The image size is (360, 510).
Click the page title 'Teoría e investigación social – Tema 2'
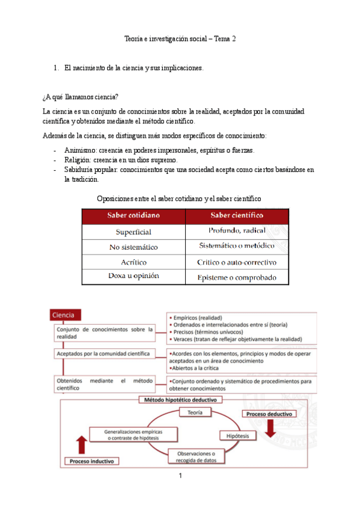[180, 38]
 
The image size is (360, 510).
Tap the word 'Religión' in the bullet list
[77, 160]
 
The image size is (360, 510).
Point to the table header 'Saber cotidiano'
[133, 216]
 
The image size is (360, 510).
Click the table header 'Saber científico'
[237, 216]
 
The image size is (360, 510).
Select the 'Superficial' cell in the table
[133, 232]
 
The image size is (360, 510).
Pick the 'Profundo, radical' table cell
[237, 231]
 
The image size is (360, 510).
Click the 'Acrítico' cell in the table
[133, 262]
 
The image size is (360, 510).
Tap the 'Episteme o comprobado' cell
[237, 277]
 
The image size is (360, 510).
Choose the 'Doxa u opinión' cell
[133, 277]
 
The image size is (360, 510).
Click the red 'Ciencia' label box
[64, 315]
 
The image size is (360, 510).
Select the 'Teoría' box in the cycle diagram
[195, 413]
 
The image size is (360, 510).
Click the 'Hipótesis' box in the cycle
[238, 435]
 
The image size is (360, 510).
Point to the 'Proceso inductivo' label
[91, 461]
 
